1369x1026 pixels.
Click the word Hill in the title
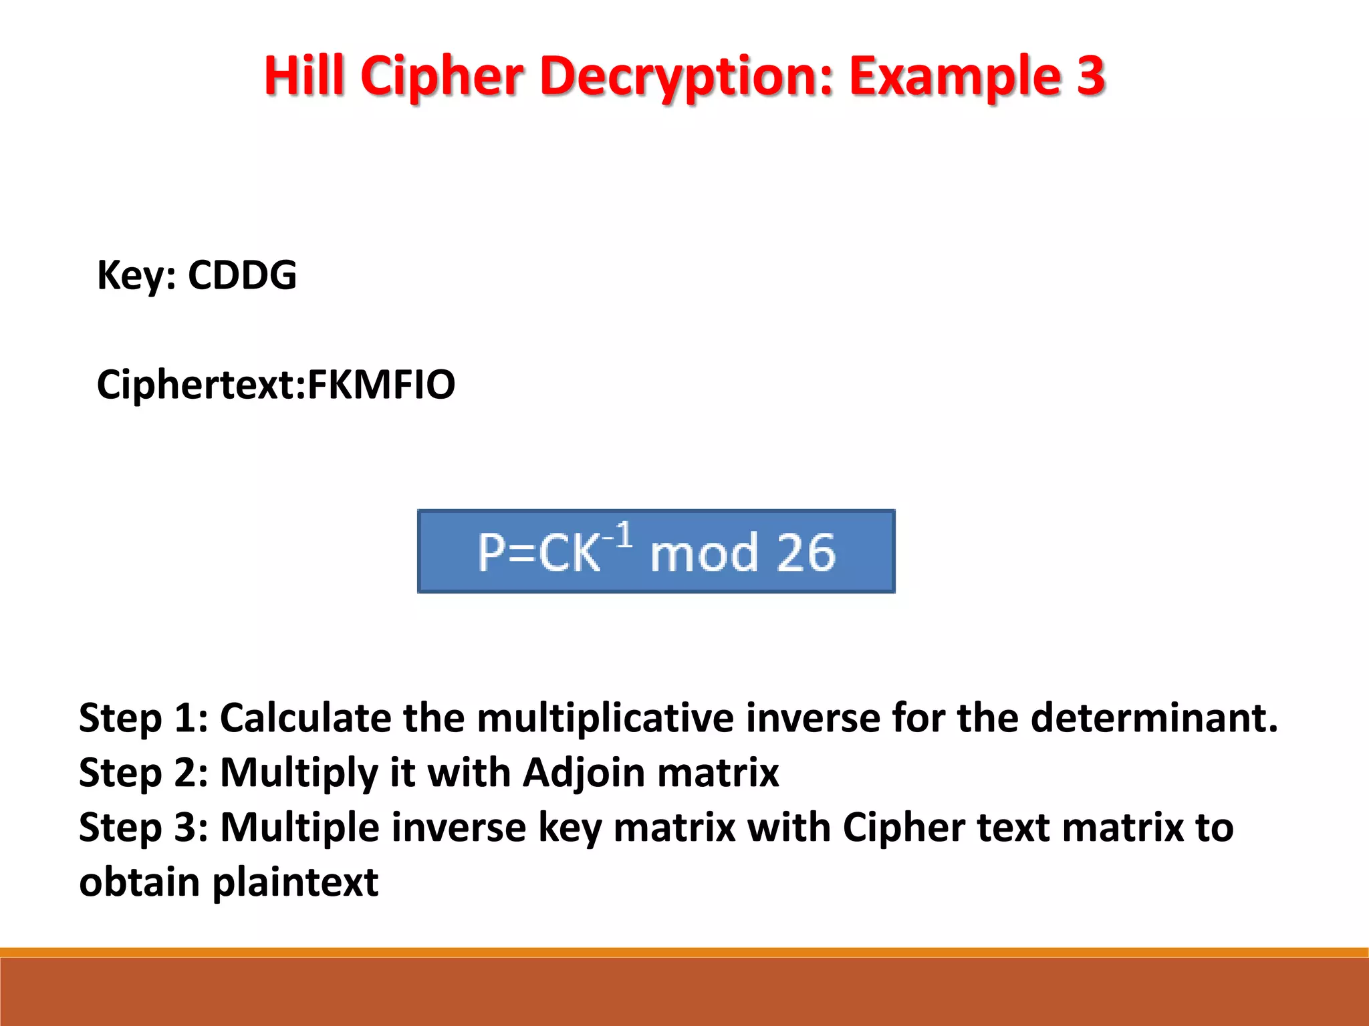click(305, 75)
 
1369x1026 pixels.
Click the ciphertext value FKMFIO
click(381, 385)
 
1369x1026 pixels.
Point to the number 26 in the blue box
click(807, 552)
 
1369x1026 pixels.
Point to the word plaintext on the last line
click(295, 883)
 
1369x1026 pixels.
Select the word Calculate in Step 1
click(305, 718)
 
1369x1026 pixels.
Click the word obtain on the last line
click(139, 882)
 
